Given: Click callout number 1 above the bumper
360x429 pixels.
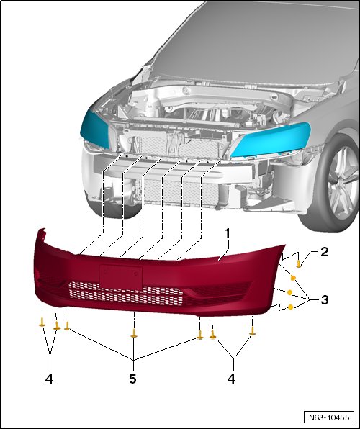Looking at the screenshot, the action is (x=228, y=233).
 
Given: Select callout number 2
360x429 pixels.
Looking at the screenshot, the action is (x=325, y=252).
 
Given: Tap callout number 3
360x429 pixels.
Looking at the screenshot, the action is (x=325, y=300).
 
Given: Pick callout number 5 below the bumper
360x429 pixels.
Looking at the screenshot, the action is (x=132, y=379).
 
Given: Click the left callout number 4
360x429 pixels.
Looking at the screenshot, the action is (x=49, y=379).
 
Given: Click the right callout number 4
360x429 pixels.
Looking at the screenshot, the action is (x=231, y=379).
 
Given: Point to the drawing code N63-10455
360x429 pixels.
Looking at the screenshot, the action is (x=329, y=417).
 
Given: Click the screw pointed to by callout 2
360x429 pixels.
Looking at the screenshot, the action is (x=298, y=264).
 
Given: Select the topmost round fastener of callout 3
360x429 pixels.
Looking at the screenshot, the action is (x=292, y=278).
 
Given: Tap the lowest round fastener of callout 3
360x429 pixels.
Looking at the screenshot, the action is (x=291, y=307).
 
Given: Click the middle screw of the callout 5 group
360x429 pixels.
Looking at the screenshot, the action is (x=134, y=333).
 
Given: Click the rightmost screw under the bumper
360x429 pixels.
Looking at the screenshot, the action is (x=253, y=331).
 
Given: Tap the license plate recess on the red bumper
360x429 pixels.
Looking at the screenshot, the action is (x=121, y=276).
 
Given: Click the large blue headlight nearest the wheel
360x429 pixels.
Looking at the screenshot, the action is (x=271, y=139).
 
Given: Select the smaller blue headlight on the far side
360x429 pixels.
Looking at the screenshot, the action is (x=95, y=128).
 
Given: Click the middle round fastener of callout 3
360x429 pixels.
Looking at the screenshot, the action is (x=289, y=292).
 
